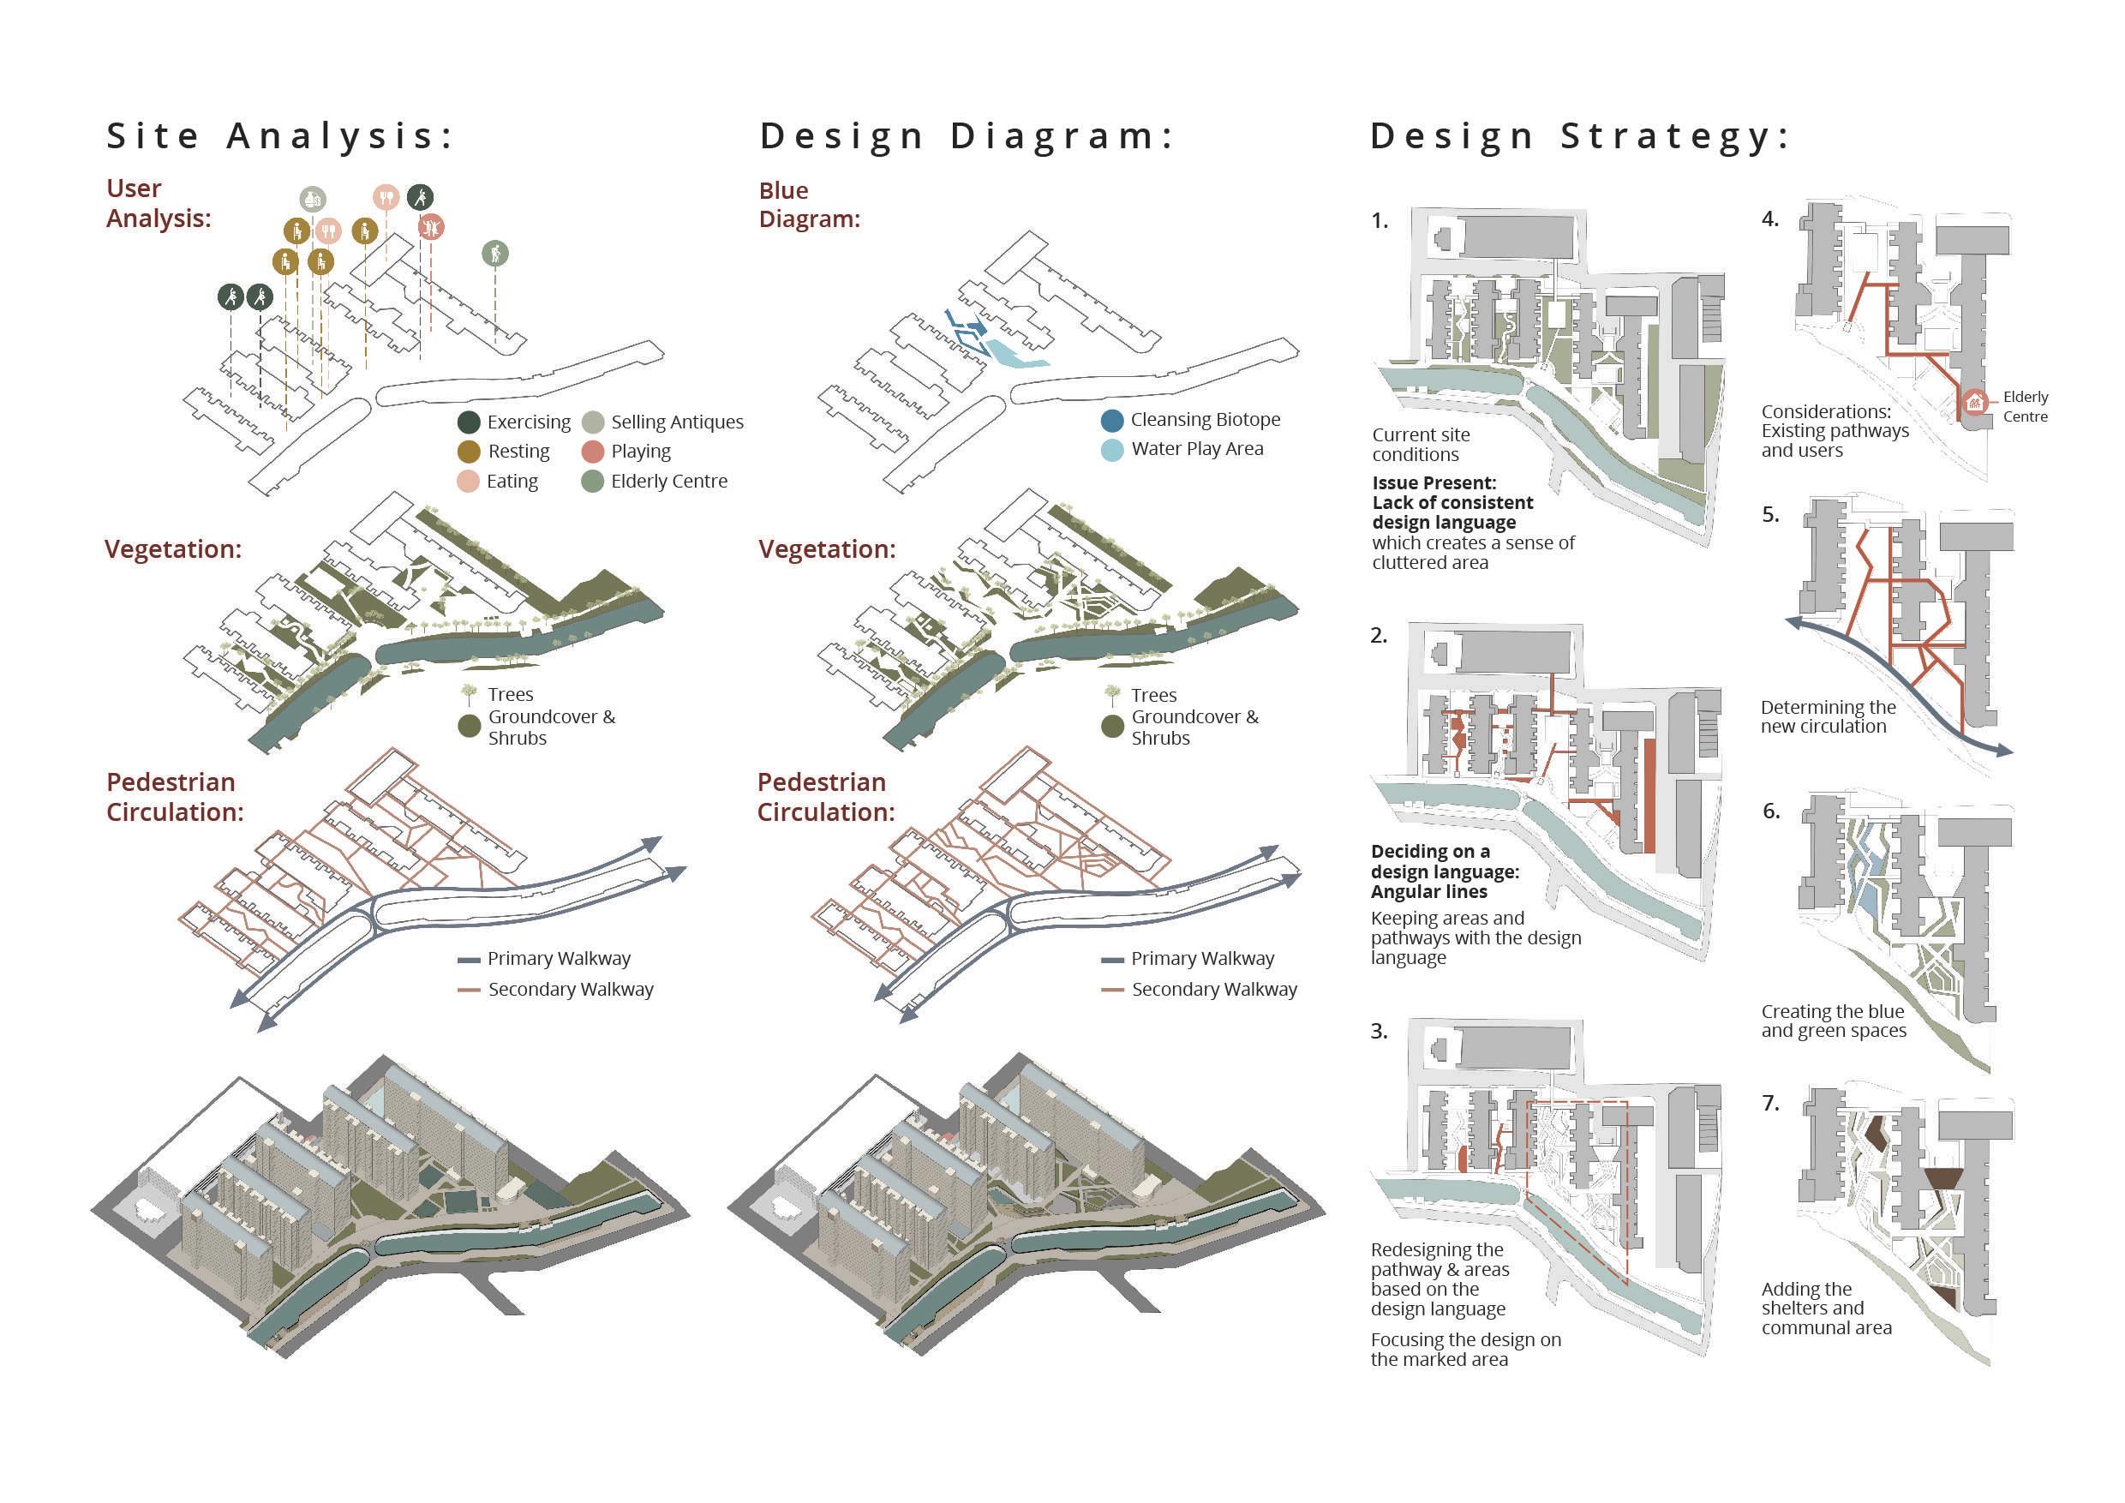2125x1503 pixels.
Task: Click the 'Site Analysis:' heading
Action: point(280,136)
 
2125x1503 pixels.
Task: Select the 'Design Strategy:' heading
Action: point(1581,136)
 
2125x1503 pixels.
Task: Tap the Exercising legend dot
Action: point(470,422)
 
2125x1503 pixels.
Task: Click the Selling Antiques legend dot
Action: point(593,422)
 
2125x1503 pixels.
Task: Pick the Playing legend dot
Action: point(593,452)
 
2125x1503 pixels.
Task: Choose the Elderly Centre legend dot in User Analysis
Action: point(593,482)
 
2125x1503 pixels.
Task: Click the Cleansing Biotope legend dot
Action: point(1112,420)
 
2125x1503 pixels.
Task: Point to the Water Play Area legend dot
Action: point(1112,449)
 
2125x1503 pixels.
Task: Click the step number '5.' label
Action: point(1770,515)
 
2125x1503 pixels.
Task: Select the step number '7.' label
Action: point(1770,1103)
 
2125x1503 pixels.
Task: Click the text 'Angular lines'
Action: point(1429,891)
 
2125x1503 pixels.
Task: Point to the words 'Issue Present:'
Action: point(1434,483)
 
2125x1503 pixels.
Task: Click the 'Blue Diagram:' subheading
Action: point(809,205)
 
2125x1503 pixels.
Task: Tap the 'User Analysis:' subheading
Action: point(159,203)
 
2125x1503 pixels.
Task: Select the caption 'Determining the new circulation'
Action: point(1827,716)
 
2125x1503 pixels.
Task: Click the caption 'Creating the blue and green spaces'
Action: point(1833,1021)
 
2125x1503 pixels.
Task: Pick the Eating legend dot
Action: point(469,482)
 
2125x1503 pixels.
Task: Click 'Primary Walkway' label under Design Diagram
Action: point(1202,959)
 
